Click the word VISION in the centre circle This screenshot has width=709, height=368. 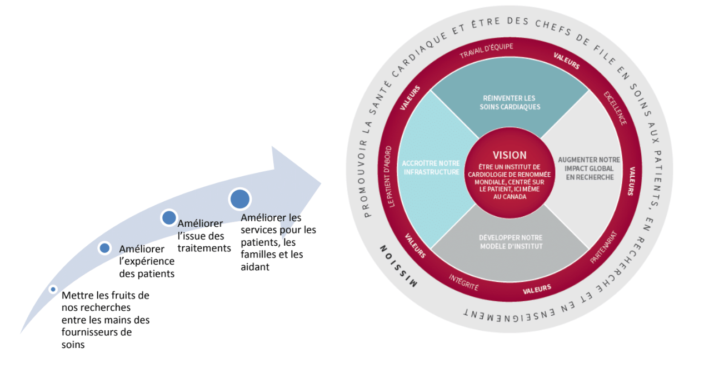tap(510, 156)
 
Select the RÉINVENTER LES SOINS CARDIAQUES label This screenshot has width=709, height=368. tap(509, 102)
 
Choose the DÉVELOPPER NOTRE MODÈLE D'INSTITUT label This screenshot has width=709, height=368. tap(509, 242)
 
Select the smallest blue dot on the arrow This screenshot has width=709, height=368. tap(53, 289)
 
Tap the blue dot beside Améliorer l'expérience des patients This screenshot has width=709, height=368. tap(104, 248)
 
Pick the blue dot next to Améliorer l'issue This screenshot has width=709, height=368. tap(169, 217)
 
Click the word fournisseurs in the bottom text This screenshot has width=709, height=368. tap(97, 332)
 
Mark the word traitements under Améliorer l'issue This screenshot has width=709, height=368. tap(204, 248)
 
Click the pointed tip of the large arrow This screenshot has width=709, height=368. tap(321, 181)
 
